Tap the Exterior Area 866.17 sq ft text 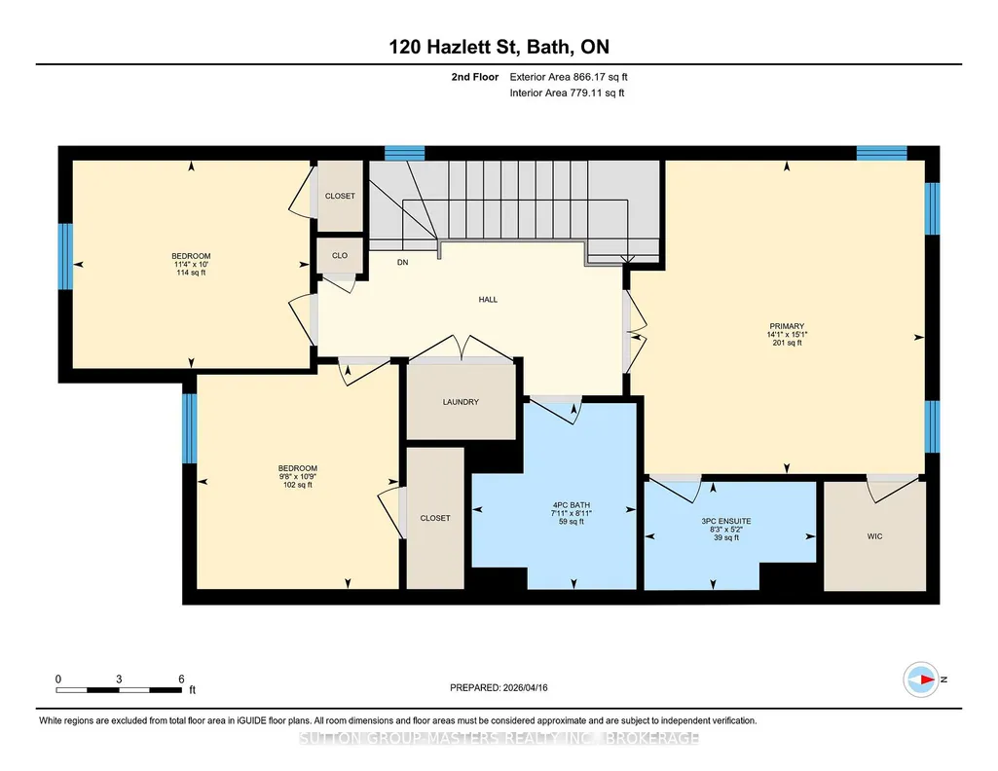pos(569,77)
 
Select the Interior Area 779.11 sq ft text pos(567,92)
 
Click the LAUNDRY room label pos(461,402)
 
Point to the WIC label pos(874,536)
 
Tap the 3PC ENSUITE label pos(726,521)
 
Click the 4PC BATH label pos(572,505)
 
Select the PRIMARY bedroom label pos(787,326)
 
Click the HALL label pos(488,300)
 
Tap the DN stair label pos(402,262)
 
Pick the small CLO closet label pos(340,255)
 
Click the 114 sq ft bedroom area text pos(191,273)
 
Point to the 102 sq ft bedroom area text pos(298,485)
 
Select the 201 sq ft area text pos(787,343)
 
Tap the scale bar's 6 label pos(181,679)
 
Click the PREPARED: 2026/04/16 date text pos(499,687)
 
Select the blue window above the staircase pos(404,153)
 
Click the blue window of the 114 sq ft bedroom pos(65,256)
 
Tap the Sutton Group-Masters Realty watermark pos(499,738)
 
